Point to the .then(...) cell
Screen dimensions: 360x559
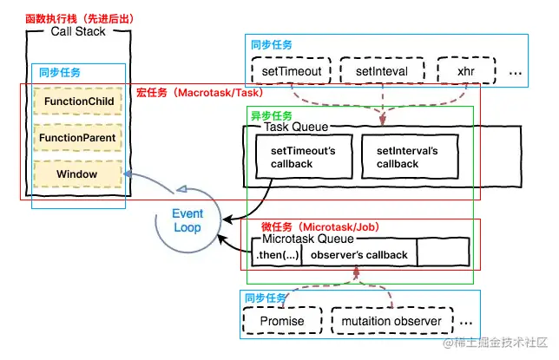pos(276,254)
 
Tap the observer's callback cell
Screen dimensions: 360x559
pos(358,254)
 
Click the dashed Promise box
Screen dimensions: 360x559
pos(283,321)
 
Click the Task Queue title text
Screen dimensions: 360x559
pos(296,128)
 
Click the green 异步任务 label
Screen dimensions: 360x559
pos(270,115)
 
